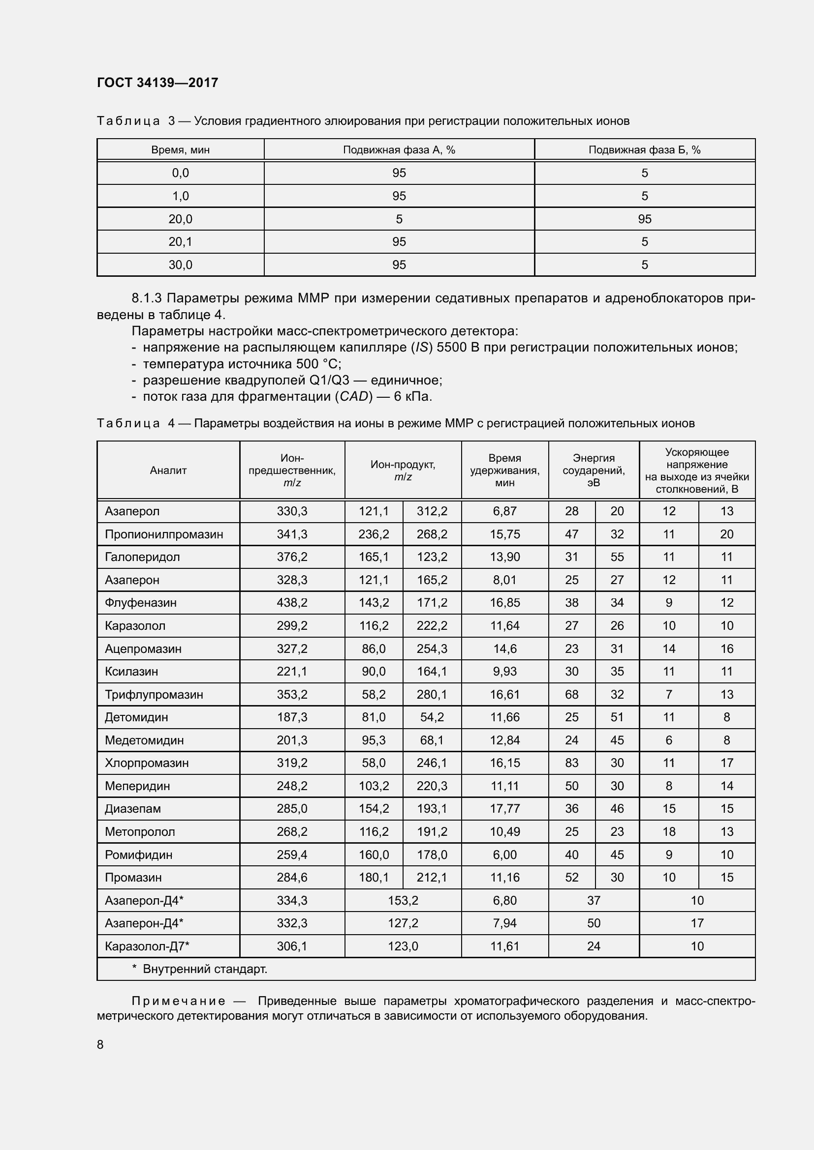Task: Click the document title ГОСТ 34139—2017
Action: pos(157,83)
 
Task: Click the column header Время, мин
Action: pos(181,150)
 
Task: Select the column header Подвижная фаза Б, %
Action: pos(644,150)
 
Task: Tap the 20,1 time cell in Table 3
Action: pos(181,242)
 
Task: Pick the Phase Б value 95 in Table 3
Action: pos(645,219)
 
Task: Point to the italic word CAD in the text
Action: pos(353,397)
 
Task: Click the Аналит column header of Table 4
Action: pos(168,471)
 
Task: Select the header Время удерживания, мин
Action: pos(504,471)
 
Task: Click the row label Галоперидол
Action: pos(142,557)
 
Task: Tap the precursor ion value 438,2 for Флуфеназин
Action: pos(292,603)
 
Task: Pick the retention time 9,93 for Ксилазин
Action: pos(504,671)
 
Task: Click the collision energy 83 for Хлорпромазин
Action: pos(571,763)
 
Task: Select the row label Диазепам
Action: pos(133,808)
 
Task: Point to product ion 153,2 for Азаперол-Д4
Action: pos(403,901)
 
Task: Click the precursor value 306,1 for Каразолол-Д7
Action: pos(292,946)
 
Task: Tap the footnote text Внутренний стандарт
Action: pos(205,969)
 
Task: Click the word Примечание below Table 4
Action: pos(178,1001)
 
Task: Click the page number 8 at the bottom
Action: pos(100,1045)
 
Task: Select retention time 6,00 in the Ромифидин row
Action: pos(504,855)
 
